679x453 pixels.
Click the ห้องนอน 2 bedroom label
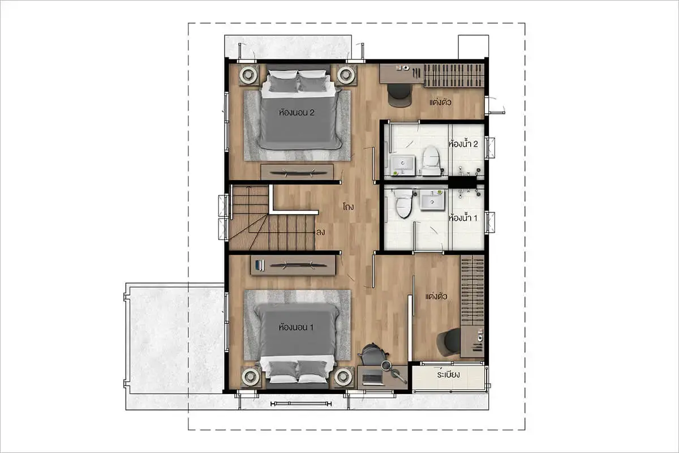(296, 113)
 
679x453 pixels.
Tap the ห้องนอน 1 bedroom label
(296, 327)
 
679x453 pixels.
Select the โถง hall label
(349, 207)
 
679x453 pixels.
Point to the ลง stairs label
(320, 232)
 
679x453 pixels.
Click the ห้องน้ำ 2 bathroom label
(463, 143)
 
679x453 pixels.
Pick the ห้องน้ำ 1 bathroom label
(463, 218)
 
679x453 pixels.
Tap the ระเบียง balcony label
(448, 375)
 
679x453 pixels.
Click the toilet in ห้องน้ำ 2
(431, 160)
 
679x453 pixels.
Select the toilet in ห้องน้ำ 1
(403, 203)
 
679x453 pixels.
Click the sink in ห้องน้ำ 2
(402, 165)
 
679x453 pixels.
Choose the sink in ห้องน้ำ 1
(432, 200)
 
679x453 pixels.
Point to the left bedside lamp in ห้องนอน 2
(248, 74)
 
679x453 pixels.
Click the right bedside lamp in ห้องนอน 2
(346, 74)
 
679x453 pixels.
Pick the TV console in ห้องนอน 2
(297, 172)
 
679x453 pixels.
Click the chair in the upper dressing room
(400, 95)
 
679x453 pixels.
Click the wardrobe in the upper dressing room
(454, 75)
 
